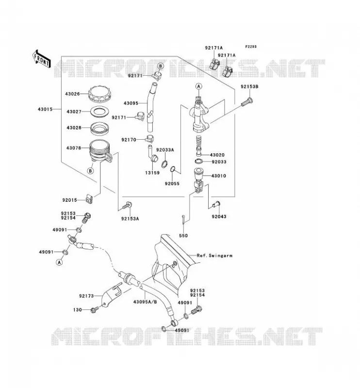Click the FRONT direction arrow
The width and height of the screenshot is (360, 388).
click(42, 59)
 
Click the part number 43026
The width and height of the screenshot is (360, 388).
click(72, 94)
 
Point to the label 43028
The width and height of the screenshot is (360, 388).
click(74, 128)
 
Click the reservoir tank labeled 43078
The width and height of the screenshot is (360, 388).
click(100, 151)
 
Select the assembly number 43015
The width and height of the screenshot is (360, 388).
click(45, 109)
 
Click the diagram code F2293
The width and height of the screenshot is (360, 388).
click(251, 47)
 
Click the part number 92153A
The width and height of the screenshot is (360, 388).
click(130, 219)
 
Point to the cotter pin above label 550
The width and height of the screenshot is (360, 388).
click(182, 220)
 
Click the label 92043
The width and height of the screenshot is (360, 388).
click(219, 216)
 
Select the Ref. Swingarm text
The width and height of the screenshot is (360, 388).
click(214, 256)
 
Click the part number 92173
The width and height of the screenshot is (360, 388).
click(86, 296)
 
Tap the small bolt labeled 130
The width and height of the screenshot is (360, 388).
click(95, 309)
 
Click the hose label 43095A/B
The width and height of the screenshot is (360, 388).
click(145, 302)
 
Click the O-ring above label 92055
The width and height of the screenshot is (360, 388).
click(173, 169)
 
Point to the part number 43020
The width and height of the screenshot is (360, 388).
click(217, 155)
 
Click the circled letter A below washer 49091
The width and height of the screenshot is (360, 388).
click(59, 262)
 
